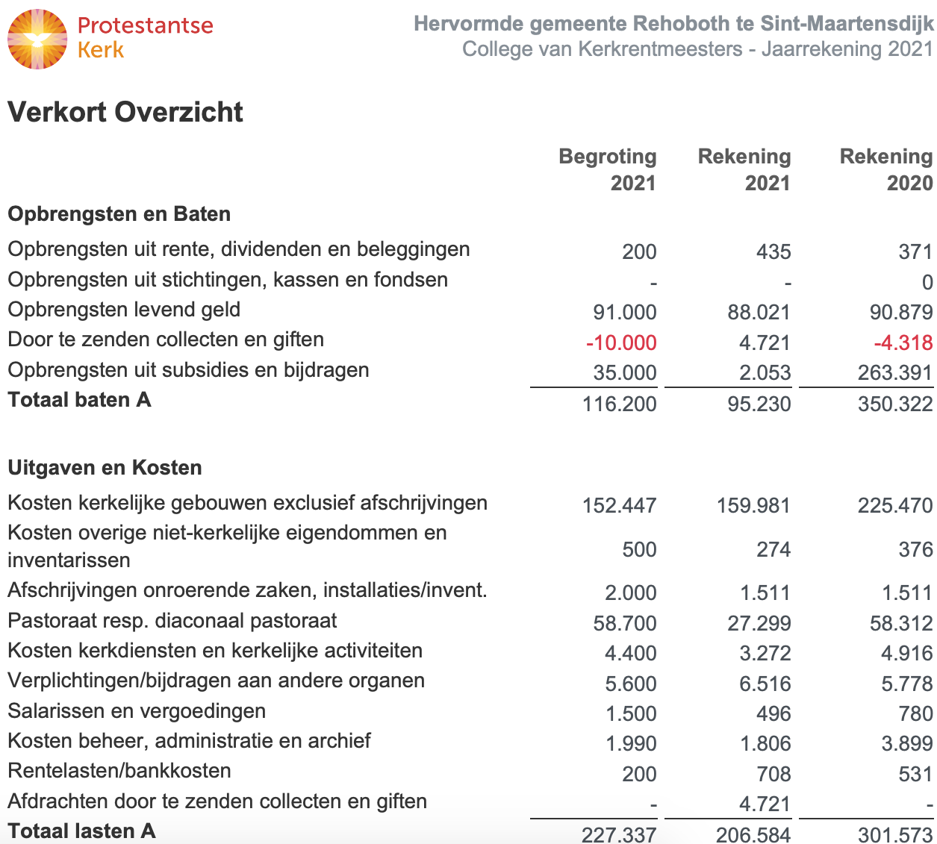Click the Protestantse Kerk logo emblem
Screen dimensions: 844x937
click(37, 39)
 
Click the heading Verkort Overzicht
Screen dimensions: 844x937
click(125, 112)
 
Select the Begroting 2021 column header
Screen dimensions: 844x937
click(608, 169)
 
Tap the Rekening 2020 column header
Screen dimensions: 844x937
click(886, 169)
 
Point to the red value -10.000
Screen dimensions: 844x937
click(621, 343)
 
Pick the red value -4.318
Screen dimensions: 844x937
click(903, 343)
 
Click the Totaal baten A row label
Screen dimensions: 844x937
click(79, 400)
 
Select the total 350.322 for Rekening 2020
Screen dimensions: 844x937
click(895, 404)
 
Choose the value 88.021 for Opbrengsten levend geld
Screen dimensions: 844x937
click(759, 312)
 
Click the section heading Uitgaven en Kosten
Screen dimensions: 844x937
click(105, 468)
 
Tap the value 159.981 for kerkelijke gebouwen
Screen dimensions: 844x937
click(753, 505)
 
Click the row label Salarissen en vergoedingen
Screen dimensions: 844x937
click(137, 710)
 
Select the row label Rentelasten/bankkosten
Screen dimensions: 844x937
click(119, 771)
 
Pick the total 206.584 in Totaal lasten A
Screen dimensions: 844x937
click(753, 834)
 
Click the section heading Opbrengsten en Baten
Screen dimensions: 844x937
click(119, 214)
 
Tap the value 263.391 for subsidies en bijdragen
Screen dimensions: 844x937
click(895, 372)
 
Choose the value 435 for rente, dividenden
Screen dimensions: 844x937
click(773, 251)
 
